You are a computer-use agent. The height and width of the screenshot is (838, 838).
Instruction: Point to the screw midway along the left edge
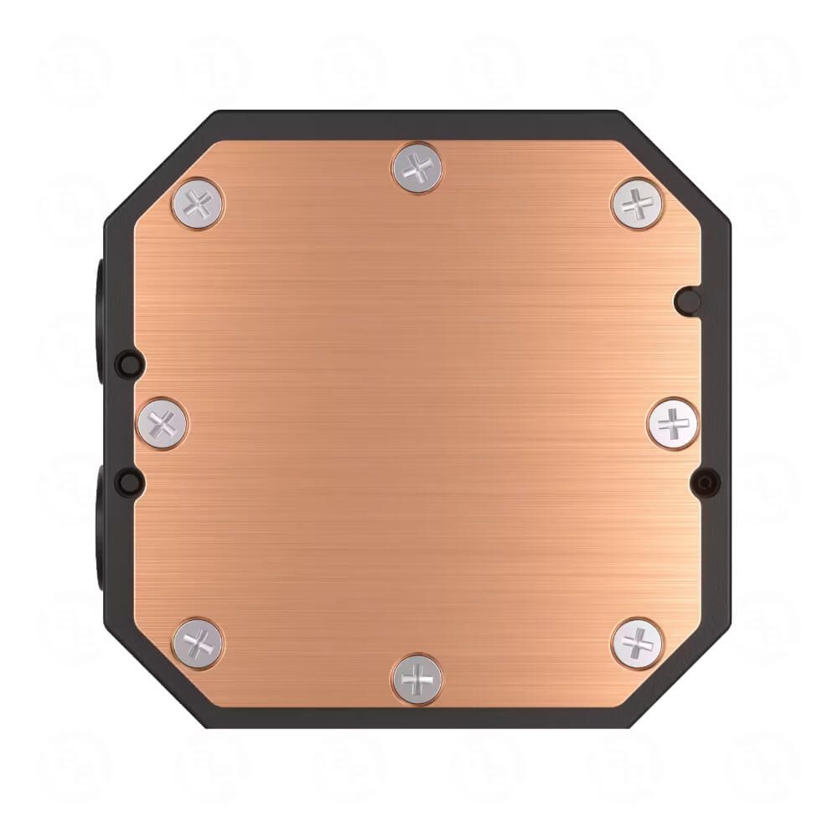click(x=163, y=423)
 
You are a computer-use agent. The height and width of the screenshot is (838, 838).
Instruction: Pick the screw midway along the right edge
click(x=673, y=422)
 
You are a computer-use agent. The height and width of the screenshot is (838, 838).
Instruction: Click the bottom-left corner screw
click(x=199, y=644)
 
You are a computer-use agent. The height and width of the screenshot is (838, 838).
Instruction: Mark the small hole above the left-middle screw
click(x=127, y=363)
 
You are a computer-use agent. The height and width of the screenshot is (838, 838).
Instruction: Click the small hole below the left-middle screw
click(x=127, y=480)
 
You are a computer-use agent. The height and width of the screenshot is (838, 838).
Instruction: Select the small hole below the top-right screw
click(x=687, y=297)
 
